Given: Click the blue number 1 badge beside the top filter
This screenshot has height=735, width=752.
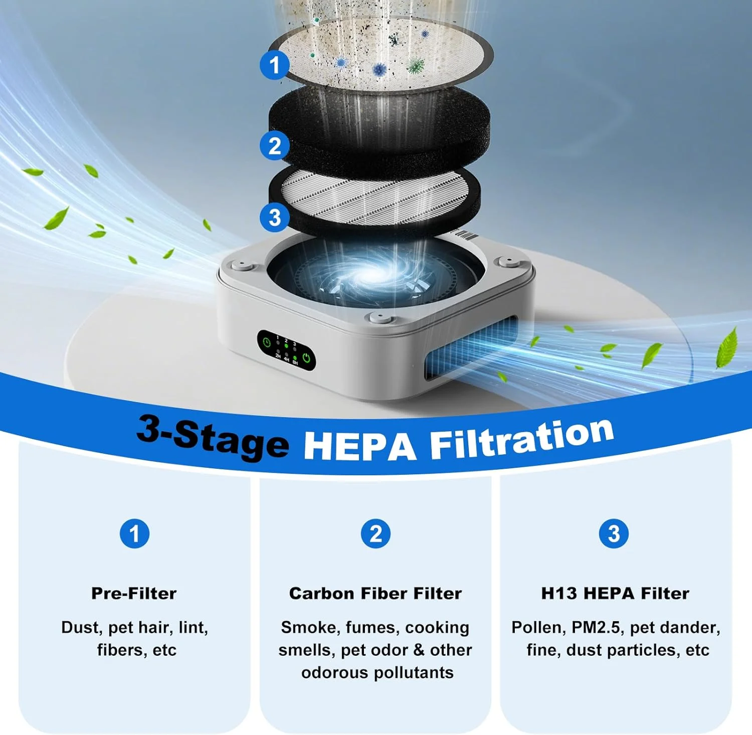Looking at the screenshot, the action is click(274, 65).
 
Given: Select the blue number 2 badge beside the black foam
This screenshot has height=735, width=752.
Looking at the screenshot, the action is click(274, 146).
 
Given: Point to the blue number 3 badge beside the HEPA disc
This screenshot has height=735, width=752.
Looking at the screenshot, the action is click(274, 218).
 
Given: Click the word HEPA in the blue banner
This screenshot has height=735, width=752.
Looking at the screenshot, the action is click(360, 445).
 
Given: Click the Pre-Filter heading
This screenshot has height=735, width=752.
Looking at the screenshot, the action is click(134, 594).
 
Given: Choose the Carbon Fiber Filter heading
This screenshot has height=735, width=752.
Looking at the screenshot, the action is click(375, 594).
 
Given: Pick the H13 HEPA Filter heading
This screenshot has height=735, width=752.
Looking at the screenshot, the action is click(615, 594).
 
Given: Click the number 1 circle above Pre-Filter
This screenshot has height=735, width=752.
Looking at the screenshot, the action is click(134, 533).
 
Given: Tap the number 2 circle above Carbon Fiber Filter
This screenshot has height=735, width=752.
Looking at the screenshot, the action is click(375, 533).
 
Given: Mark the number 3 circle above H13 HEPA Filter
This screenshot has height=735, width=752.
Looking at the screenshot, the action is click(614, 533).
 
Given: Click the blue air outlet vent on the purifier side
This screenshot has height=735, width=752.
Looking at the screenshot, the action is click(472, 350).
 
